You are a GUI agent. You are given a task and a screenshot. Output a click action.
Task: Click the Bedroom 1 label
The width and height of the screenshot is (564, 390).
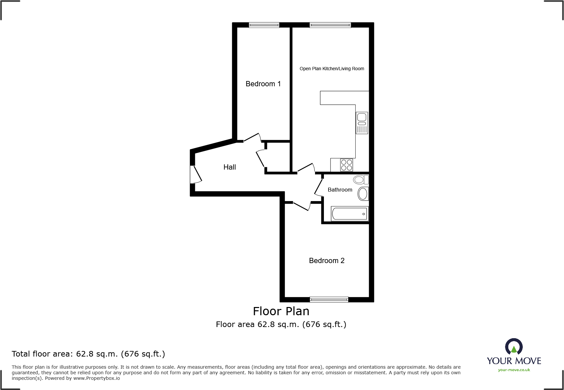(263, 84)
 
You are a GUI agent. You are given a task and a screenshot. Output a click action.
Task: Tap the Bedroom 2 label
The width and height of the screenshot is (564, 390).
(327, 261)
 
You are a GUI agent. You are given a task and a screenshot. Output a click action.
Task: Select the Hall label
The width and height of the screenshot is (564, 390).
(230, 167)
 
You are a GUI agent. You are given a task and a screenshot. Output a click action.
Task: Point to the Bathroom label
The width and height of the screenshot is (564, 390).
(340, 190)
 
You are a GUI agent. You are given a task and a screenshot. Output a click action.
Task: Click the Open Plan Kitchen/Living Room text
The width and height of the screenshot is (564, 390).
(332, 69)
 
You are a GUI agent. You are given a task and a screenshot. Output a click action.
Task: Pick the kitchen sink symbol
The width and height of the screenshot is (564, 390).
(362, 123)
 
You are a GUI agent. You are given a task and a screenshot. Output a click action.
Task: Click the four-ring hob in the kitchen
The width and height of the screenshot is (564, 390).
(347, 165)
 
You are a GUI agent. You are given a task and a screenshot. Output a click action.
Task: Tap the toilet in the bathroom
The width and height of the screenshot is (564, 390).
(361, 179)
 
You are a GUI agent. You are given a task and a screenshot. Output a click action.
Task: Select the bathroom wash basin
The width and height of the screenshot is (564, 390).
(363, 194)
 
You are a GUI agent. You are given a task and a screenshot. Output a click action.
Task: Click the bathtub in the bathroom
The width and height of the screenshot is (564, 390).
(349, 214)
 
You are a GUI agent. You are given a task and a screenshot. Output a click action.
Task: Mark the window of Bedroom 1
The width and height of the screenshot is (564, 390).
(264, 25)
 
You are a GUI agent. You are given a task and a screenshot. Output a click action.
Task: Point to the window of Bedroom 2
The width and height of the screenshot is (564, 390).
(329, 299)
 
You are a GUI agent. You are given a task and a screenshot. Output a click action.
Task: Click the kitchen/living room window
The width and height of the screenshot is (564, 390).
(330, 25)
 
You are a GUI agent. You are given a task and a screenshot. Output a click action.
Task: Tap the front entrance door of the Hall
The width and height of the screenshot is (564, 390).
(196, 174)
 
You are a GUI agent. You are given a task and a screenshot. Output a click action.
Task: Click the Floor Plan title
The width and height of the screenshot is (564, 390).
(281, 311)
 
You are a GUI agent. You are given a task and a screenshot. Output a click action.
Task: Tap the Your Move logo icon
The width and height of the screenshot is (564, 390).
(514, 347)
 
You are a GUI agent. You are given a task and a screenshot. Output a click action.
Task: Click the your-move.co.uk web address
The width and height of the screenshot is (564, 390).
(514, 370)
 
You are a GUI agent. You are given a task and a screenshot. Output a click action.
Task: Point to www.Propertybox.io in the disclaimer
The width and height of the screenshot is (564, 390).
(96, 379)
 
